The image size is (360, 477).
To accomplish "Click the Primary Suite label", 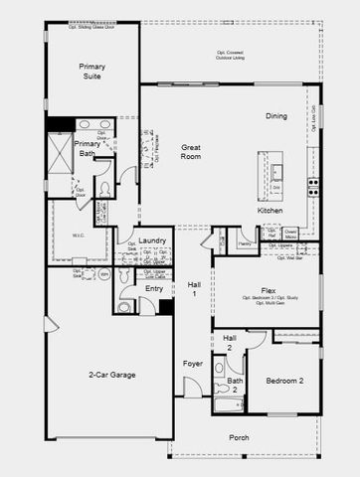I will [x=92, y=72].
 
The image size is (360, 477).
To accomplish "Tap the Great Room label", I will [x=191, y=152].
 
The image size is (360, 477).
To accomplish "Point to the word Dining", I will [x=276, y=116].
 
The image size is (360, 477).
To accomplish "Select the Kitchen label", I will [x=270, y=211].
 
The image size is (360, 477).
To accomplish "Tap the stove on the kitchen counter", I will [x=312, y=185].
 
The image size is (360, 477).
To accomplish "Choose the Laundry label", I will [x=151, y=240].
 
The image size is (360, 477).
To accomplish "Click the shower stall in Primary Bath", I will [x=63, y=155].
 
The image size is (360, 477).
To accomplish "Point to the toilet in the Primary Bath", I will [x=106, y=189].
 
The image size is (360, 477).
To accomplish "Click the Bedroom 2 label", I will [x=284, y=381].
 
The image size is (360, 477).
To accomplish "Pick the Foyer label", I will [x=192, y=364].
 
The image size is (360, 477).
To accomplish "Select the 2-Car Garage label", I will [x=110, y=375].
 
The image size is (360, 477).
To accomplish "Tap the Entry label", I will [x=154, y=288].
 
